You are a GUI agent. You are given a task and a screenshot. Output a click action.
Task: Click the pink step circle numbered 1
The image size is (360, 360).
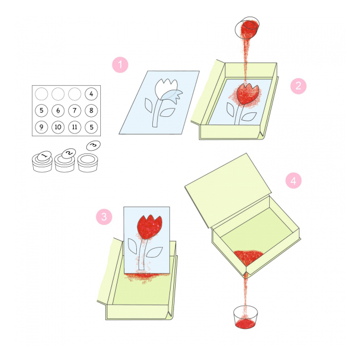pyautogui.click(x=120, y=65)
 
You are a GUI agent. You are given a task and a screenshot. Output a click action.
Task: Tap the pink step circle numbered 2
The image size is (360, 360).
pyautogui.click(x=298, y=86)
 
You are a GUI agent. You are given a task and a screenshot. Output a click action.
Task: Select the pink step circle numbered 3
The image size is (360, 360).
pyautogui.click(x=104, y=217)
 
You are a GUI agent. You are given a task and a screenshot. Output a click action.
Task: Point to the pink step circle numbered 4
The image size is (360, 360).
pyautogui.click(x=294, y=181)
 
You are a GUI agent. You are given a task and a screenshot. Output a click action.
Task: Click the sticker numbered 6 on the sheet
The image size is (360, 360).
pyautogui.click(x=58, y=110)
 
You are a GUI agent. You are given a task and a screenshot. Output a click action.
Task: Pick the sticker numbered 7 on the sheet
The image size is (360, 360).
pyautogui.click(x=75, y=110)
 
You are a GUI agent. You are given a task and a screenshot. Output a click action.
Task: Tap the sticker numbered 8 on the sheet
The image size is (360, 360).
pyautogui.click(x=91, y=110)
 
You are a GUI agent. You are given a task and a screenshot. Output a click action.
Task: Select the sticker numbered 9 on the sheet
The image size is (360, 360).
pyautogui.click(x=42, y=127)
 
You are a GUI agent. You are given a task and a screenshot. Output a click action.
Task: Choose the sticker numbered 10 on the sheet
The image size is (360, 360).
pyautogui.click(x=58, y=127)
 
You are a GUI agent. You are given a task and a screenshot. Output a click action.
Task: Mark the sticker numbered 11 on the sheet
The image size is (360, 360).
pyautogui.click(x=75, y=127)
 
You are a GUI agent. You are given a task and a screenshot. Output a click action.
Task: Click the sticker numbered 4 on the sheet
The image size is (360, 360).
pyautogui.click(x=91, y=94)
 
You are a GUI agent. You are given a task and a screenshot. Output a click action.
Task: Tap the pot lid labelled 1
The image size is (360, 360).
pyautogui.click(x=44, y=156)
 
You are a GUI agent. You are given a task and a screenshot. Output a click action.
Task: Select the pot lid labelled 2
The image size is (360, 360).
pyautogui.click(x=69, y=153)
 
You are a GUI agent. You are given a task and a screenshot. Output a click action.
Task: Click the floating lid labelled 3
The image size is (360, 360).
pyautogui.click(x=94, y=146)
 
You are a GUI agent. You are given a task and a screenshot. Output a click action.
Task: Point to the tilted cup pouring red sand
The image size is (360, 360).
pyautogui.click(x=247, y=28)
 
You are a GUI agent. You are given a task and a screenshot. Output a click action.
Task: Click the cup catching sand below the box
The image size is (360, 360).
pyautogui.click(x=245, y=317)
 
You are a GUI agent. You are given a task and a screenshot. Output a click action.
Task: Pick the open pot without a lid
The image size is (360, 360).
pyautogui.click(x=88, y=162)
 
